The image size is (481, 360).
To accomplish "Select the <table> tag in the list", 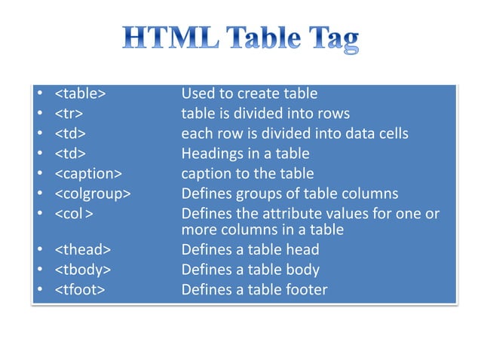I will [x=80, y=94].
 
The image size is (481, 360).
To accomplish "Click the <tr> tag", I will [x=69, y=114].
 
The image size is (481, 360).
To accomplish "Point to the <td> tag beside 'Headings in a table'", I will [x=70, y=154].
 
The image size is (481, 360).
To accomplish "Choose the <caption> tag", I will [x=88, y=173].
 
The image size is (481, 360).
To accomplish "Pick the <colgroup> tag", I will [x=93, y=194].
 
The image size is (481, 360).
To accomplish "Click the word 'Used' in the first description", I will [x=198, y=94].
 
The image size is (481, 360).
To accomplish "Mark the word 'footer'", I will [x=307, y=289].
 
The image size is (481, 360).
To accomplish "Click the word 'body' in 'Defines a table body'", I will [x=303, y=270].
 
